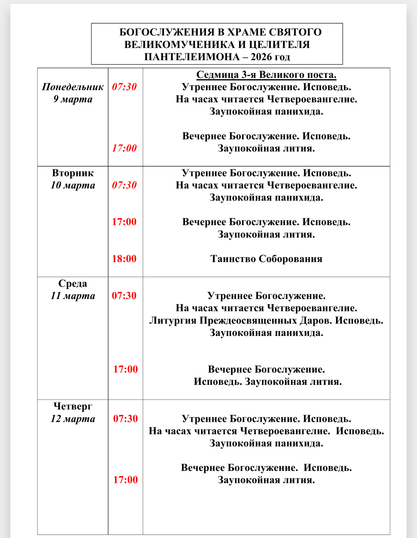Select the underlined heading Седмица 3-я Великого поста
[266, 75]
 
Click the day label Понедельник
[73, 87]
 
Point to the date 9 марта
[73, 99]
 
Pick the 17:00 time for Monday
[124, 148]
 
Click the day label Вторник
[73, 173]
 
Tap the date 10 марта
[73, 185]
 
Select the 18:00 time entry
[124, 259]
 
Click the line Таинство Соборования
[266, 259]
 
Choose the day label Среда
[73, 284]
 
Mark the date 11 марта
[73, 296]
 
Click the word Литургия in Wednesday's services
[173, 321]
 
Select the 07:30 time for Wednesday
[124, 296]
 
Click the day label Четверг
[73, 406]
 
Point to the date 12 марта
[73, 419]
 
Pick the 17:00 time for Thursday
[126, 480]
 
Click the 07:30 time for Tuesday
[124, 185]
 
